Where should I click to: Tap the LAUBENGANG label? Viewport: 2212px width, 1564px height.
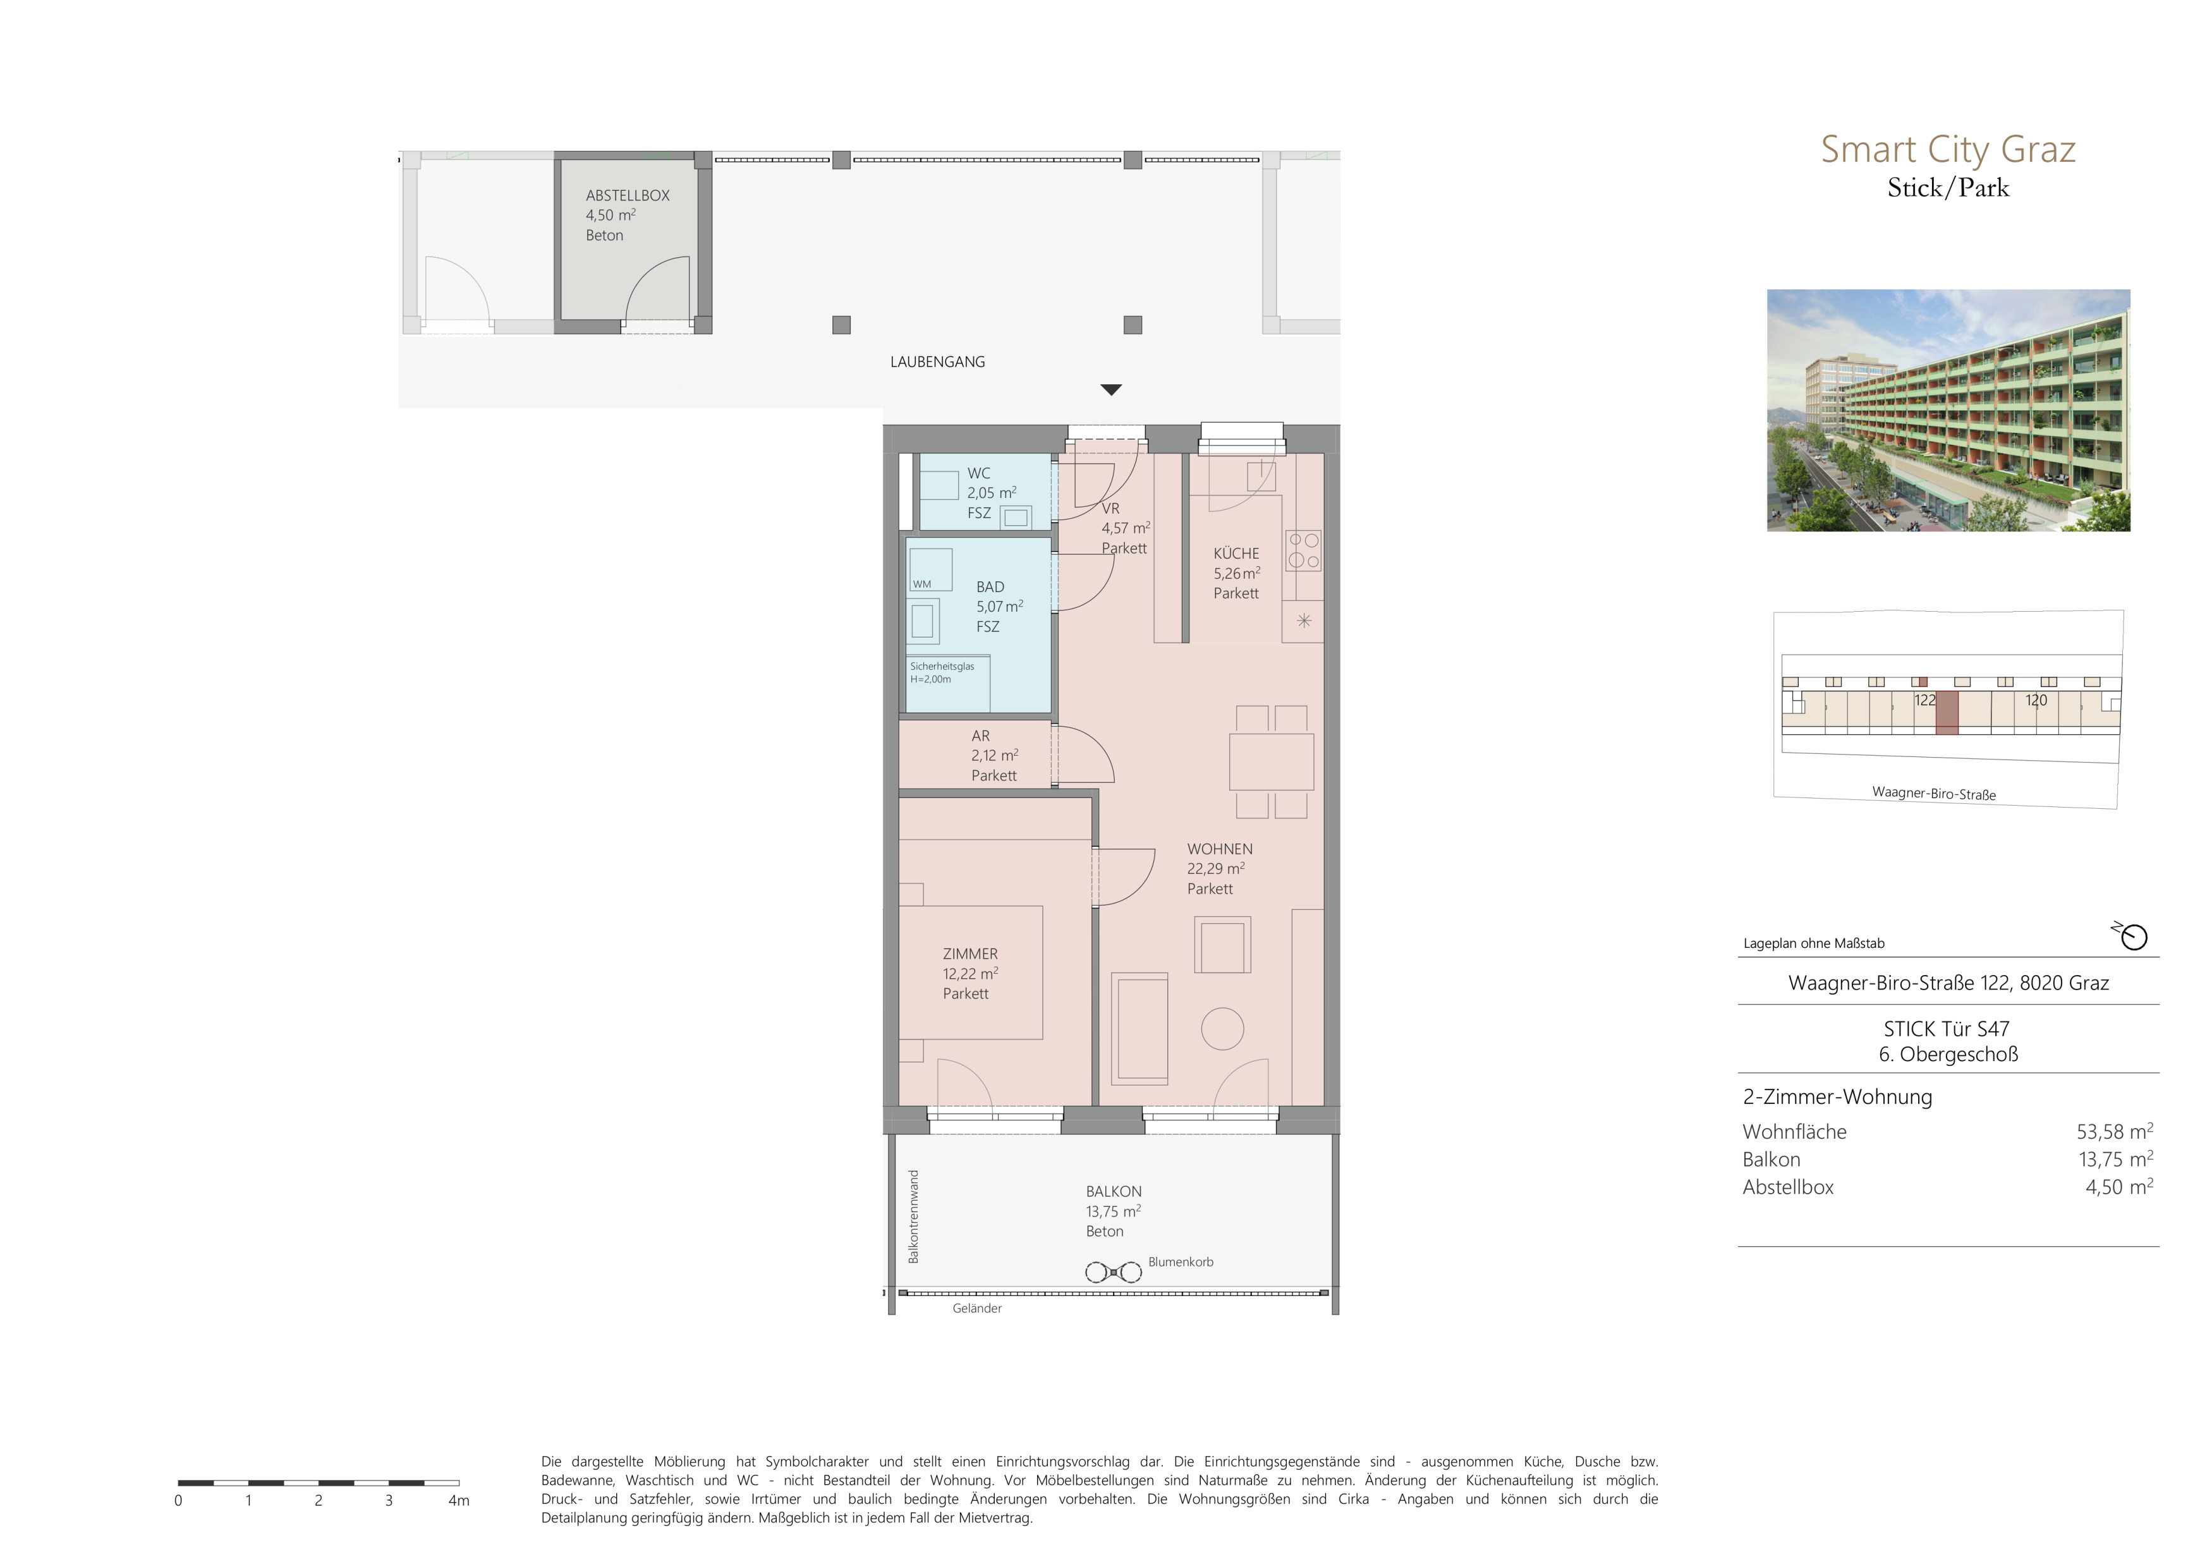tap(937, 362)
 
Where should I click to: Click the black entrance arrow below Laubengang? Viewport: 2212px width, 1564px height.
tap(1111, 390)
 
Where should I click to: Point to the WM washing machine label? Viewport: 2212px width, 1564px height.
tap(922, 585)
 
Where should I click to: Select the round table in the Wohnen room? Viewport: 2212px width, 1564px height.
tap(1222, 1029)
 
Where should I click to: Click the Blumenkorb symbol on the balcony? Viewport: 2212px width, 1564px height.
tap(1114, 1272)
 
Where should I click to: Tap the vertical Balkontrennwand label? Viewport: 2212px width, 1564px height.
tap(913, 1216)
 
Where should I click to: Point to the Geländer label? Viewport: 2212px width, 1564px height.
tap(977, 1309)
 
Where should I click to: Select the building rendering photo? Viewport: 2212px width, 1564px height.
tap(1948, 410)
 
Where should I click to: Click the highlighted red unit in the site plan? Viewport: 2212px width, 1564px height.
tap(1947, 713)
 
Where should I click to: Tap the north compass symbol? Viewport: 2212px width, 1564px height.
tap(2132, 935)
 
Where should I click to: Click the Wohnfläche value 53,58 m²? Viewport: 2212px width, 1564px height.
tap(2115, 1132)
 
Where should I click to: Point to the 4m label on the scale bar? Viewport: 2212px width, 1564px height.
tap(459, 1500)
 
